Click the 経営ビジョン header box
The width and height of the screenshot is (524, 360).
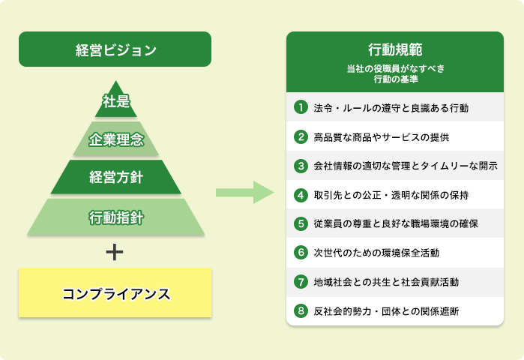(115, 49)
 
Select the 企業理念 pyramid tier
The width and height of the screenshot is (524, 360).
(115, 139)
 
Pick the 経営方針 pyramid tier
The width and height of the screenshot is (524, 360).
(115, 177)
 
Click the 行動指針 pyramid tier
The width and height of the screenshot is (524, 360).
(115, 217)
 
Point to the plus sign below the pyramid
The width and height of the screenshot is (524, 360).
(115, 252)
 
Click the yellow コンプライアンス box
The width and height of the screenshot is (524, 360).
(115, 292)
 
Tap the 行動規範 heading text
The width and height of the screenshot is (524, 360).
(395, 49)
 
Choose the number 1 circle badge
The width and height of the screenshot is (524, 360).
(301, 107)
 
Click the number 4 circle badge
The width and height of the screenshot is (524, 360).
(301, 195)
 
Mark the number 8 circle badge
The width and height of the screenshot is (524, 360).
(301, 310)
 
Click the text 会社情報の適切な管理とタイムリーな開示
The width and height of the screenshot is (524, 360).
(406, 166)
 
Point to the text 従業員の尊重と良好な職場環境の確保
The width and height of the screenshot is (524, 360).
(396, 223)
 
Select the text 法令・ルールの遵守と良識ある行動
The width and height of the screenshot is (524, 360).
(391, 108)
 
